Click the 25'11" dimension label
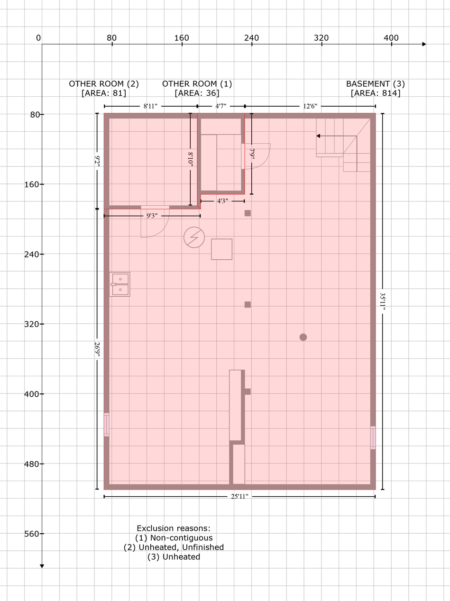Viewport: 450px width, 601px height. pyautogui.click(x=239, y=496)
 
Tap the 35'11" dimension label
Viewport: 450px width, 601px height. pyautogui.click(x=383, y=301)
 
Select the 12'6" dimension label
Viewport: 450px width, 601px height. pyautogui.click(x=310, y=106)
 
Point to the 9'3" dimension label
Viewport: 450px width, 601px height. pyautogui.click(x=152, y=216)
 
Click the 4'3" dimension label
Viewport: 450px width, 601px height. pyautogui.click(x=222, y=201)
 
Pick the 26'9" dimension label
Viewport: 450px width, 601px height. pyautogui.click(x=97, y=349)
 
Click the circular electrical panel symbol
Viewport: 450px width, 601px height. pyautogui.click(x=194, y=237)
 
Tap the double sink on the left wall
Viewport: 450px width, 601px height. pyautogui.click(x=119, y=284)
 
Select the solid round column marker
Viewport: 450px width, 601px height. pyautogui.click(x=303, y=337)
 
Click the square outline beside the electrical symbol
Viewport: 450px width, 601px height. pyautogui.click(x=221, y=249)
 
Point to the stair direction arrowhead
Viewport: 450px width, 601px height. pyautogui.click(x=318, y=136)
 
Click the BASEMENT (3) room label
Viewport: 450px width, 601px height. pyautogui.click(x=376, y=84)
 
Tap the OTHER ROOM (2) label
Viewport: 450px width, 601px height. pyautogui.click(x=104, y=84)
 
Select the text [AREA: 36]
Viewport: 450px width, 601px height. pyautogui.click(x=197, y=93)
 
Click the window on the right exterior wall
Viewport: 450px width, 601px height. pyautogui.click(x=373, y=437)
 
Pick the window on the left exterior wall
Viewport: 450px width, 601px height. pyautogui.click(x=107, y=424)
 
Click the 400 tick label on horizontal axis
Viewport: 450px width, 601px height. pyautogui.click(x=391, y=38)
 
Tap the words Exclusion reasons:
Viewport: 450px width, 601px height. pyautogui.click(x=174, y=528)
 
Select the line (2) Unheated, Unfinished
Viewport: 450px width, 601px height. pyautogui.click(x=174, y=547)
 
